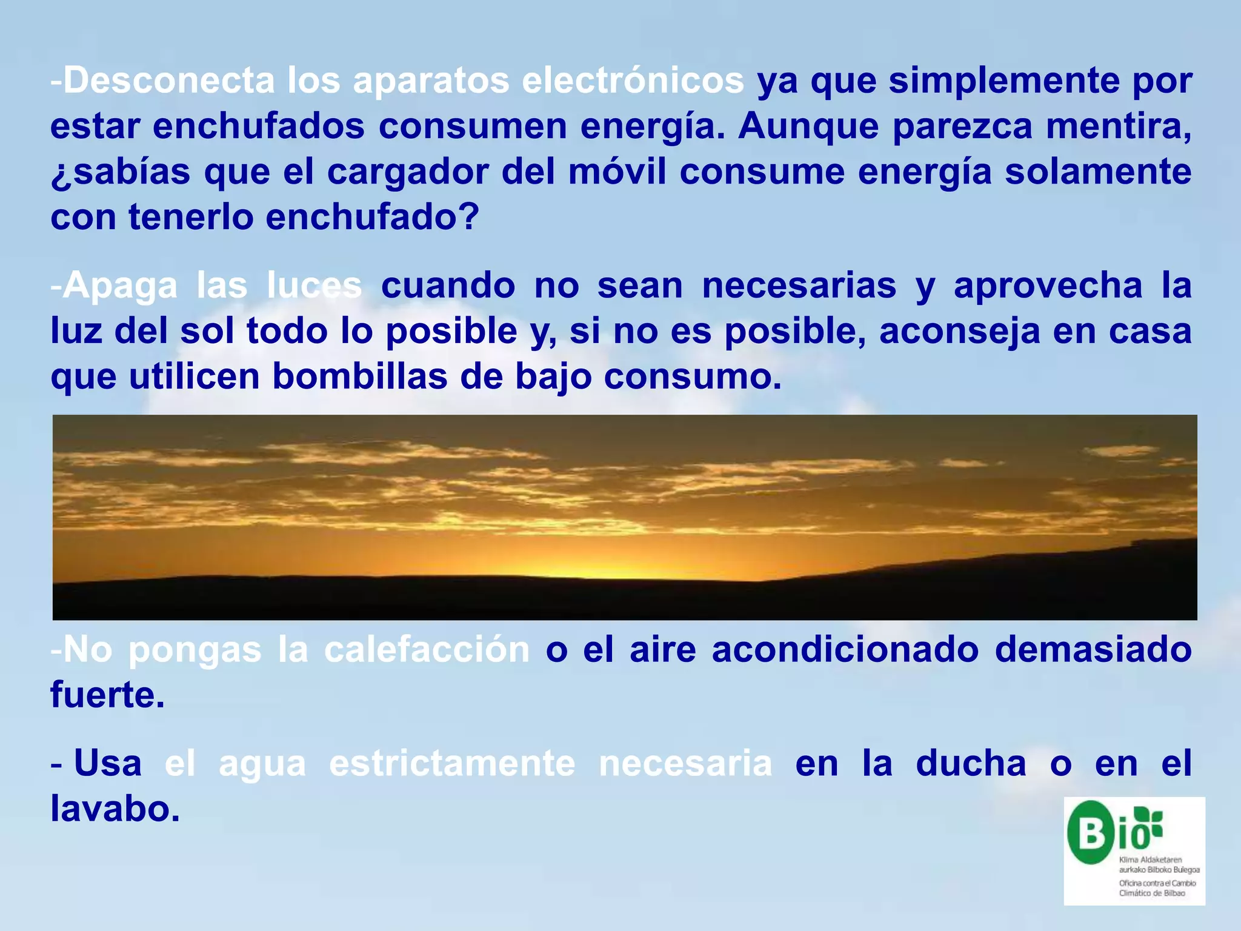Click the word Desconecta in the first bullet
click(169, 81)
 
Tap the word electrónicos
click(633, 81)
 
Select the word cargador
click(407, 172)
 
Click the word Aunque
click(808, 126)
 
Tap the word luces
click(314, 286)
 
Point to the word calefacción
click(427, 650)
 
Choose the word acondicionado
click(845, 650)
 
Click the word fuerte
click(107, 695)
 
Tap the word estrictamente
click(452, 764)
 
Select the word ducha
click(971, 764)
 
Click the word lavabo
click(115, 809)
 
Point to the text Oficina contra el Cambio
click(1157, 883)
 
